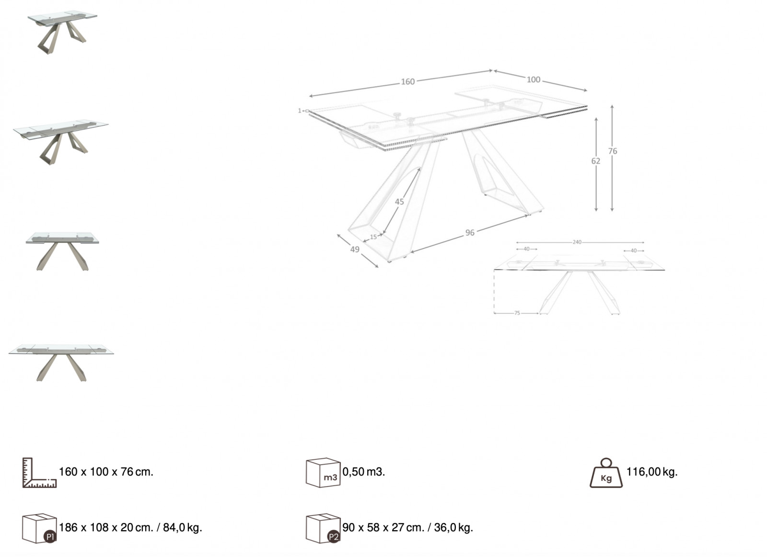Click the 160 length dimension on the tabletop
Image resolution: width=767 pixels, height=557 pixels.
pyautogui.click(x=408, y=81)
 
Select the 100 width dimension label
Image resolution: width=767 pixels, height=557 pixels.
pyautogui.click(x=534, y=80)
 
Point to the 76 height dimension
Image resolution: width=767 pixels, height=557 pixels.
pyautogui.click(x=613, y=151)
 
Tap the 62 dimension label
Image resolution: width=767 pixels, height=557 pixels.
pyautogui.click(x=596, y=161)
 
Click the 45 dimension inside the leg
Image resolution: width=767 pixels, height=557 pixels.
pyautogui.click(x=399, y=202)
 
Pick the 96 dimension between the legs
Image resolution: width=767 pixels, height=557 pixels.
pyautogui.click(x=470, y=233)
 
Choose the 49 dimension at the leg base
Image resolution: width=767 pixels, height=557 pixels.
pyautogui.click(x=355, y=250)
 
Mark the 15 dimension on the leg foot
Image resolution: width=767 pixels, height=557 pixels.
pyautogui.click(x=373, y=237)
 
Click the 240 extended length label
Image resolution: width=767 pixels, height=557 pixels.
pyautogui.click(x=577, y=242)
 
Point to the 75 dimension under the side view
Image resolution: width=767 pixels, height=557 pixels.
pyautogui.click(x=517, y=313)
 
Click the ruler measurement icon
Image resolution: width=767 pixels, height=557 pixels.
pyautogui.click(x=39, y=473)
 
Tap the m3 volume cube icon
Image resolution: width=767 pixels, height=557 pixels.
pyautogui.click(x=323, y=473)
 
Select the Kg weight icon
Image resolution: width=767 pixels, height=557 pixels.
pyautogui.click(x=606, y=473)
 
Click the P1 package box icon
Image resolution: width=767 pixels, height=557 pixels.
pyautogui.click(x=39, y=528)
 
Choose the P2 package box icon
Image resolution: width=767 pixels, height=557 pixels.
pyautogui.click(x=323, y=528)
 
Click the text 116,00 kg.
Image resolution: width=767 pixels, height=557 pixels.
pyautogui.click(x=652, y=472)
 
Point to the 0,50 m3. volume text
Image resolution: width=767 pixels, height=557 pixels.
pyautogui.click(x=364, y=472)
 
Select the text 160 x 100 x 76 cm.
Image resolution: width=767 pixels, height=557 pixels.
pyautogui.click(x=106, y=472)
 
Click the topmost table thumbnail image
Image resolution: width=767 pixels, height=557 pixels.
pyautogui.click(x=62, y=32)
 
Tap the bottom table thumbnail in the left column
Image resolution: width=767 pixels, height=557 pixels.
pyautogui.click(x=61, y=363)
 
